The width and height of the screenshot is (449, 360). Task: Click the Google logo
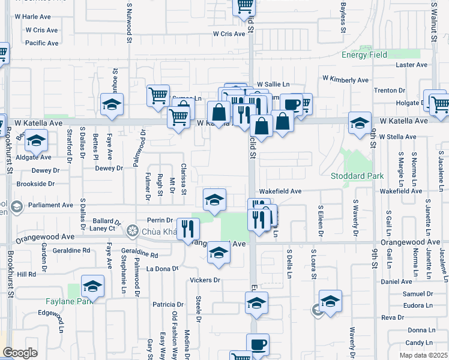click(20, 353)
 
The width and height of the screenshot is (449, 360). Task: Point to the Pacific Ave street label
click(42, 43)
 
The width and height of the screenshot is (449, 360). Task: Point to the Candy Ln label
click(419, 343)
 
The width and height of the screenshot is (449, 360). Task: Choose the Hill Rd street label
click(26, 274)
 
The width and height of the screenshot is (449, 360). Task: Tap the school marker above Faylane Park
click(93, 286)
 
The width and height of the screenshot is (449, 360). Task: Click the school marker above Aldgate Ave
click(37, 141)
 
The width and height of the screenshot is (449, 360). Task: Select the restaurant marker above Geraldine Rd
click(188, 228)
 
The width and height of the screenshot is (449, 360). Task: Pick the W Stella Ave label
click(397, 137)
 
